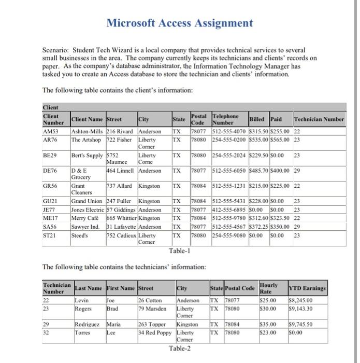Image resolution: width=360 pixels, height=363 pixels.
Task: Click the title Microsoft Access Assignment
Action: pos(179,23)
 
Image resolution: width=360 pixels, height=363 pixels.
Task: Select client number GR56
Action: pos(50,185)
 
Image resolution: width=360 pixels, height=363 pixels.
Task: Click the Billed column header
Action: pos(257,119)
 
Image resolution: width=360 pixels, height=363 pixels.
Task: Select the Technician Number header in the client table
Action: pos(319,119)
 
